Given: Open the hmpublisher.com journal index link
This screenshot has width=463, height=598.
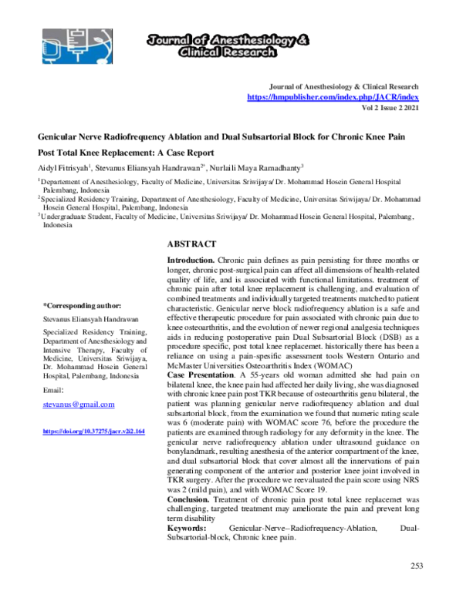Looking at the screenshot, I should point(333,98).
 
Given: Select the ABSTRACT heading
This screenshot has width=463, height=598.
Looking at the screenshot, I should point(194,244).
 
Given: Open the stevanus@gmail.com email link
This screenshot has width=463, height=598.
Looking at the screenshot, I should point(79,404).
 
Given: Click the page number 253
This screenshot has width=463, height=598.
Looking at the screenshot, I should point(417,566).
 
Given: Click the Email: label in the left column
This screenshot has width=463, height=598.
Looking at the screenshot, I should point(53,390).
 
